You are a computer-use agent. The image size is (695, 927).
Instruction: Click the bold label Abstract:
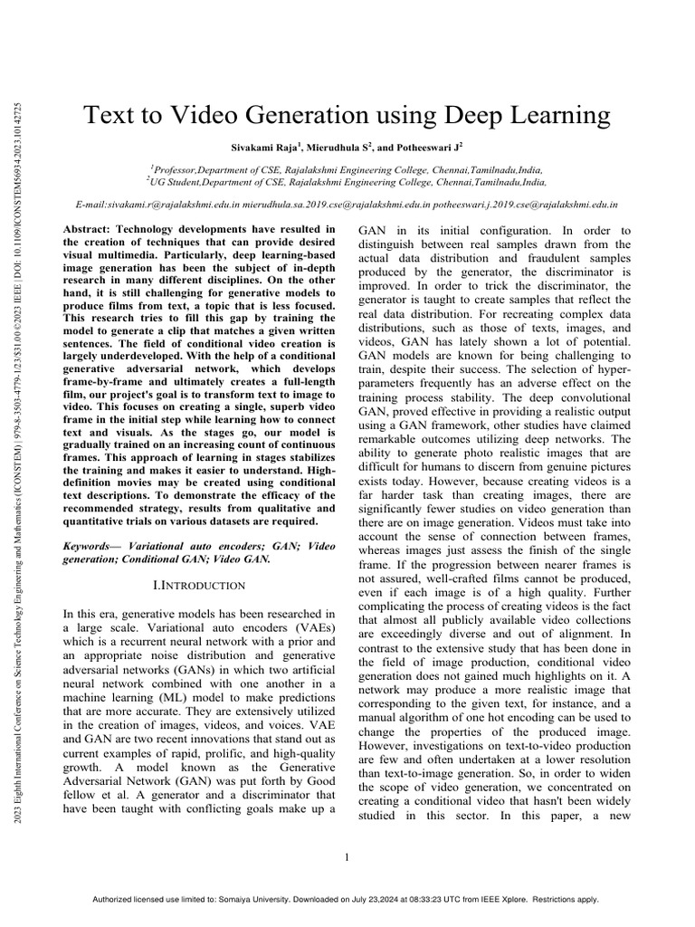(x=90, y=230)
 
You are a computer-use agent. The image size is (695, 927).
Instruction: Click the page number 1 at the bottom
(x=347, y=857)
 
